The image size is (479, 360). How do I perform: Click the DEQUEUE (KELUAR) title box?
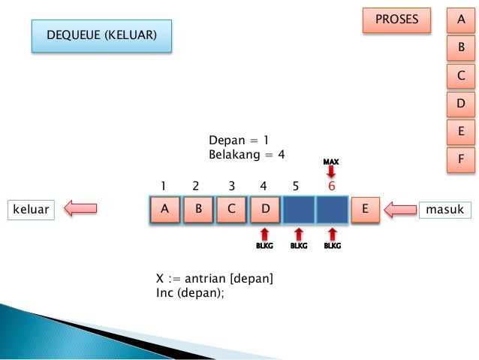tap(101, 35)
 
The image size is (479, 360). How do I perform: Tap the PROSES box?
tap(396, 20)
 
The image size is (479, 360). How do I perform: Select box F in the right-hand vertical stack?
tap(461, 159)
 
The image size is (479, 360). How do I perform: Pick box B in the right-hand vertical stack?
tap(461, 48)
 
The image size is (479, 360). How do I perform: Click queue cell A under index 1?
tap(164, 210)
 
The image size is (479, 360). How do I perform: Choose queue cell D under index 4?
tap(263, 210)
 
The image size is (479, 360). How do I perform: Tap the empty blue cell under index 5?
tap(298, 210)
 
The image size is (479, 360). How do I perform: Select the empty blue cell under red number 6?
tap(332, 210)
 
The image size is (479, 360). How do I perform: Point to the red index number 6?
tap(331, 186)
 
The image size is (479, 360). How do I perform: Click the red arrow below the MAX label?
tap(331, 171)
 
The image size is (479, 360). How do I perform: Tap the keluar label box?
tap(32, 210)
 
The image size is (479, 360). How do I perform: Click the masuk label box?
tap(444, 210)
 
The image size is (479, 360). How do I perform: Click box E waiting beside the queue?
tap(365, 210)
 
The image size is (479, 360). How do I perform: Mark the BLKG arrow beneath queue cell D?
tap(264, 234)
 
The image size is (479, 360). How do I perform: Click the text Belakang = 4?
tap(247, 154)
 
